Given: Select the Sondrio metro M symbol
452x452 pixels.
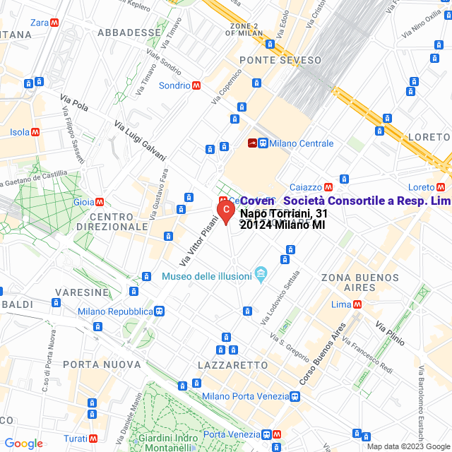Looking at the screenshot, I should pyautogui.click(x=196, y=85).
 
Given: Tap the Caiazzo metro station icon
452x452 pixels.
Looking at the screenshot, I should pyautogui.click(x=328, y=187).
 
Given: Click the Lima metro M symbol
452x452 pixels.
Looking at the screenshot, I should pyautogui.click(x=357, y=304).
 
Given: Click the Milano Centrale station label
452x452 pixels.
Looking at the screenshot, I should pyautogui.click(x=301, y=143).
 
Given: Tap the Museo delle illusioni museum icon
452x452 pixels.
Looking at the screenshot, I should pyautogui.click(x=261, y=273).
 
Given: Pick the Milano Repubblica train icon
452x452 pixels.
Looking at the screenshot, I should pyautogui.click(x=160, y=311).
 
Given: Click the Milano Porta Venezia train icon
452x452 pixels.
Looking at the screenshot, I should pyautogui.click(x=294, y=397).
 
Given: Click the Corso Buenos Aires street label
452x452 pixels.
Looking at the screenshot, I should pyautogui.click(x=321, y=353).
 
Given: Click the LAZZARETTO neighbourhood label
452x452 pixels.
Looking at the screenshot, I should pyautogui.click(x=232, y=365).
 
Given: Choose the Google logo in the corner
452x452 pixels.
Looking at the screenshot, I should pyautogui.click(x=23, y=444).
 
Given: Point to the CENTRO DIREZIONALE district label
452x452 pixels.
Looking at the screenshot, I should pyautogui.click(x=113, y=221).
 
